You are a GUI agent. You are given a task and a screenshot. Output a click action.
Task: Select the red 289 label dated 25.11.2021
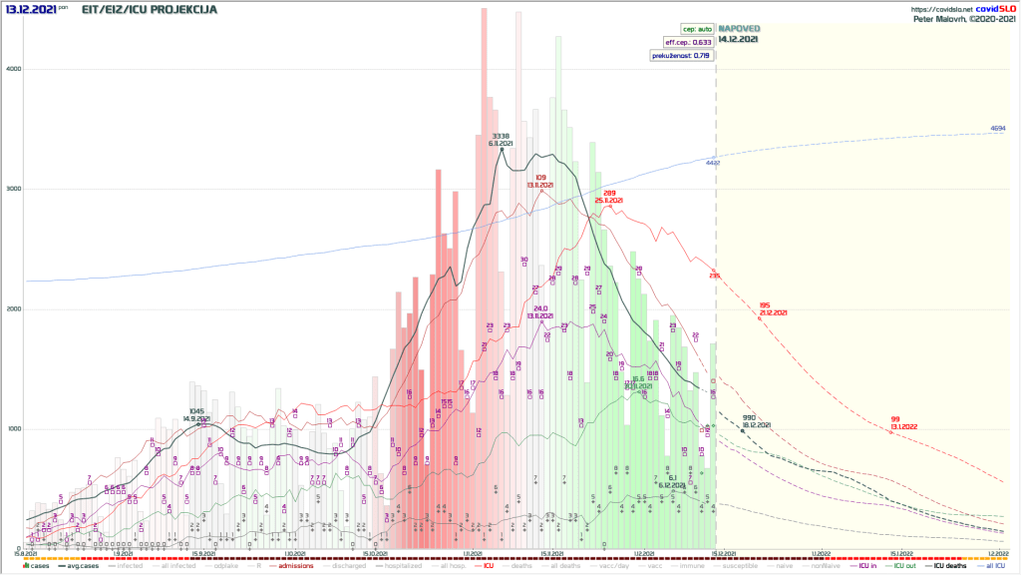pyautogui.click(x=609, y=193)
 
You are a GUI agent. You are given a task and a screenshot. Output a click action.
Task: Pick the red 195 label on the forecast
pyautogui.click(x=765, y=305)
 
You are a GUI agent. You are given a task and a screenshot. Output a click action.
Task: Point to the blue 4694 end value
pyautogui.click(x=997, y=129)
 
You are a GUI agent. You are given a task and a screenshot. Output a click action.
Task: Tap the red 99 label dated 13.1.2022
pyautogui.click(x=895, y=419)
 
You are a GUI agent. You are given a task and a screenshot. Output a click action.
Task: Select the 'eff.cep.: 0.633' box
pyautogui.click(x=688, y=43)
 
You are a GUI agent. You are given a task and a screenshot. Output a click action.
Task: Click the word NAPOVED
pyautogui.click(x=738, y=29)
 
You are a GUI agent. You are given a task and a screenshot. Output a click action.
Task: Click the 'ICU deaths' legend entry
pyautogui.click(x=948, y=566)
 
